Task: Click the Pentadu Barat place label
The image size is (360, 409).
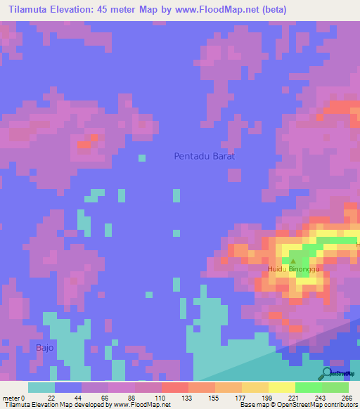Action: tap(204, 156)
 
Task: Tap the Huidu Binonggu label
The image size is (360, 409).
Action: tap(293, 268)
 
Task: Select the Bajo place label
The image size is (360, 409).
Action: tap(44, 347)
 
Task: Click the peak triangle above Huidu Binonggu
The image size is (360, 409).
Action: tap(293, 261)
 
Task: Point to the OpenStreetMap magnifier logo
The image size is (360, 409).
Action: tap(325, 372)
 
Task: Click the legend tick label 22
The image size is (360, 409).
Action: tap(51, 397)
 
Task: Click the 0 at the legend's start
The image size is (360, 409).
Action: tap(23, 397)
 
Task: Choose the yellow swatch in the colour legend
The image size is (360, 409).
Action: tap(282, 387)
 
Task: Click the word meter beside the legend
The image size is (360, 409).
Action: tap(10, 397)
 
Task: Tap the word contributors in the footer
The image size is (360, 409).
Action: tap(337, 405)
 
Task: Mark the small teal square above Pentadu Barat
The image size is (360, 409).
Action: tap(142, 157)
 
